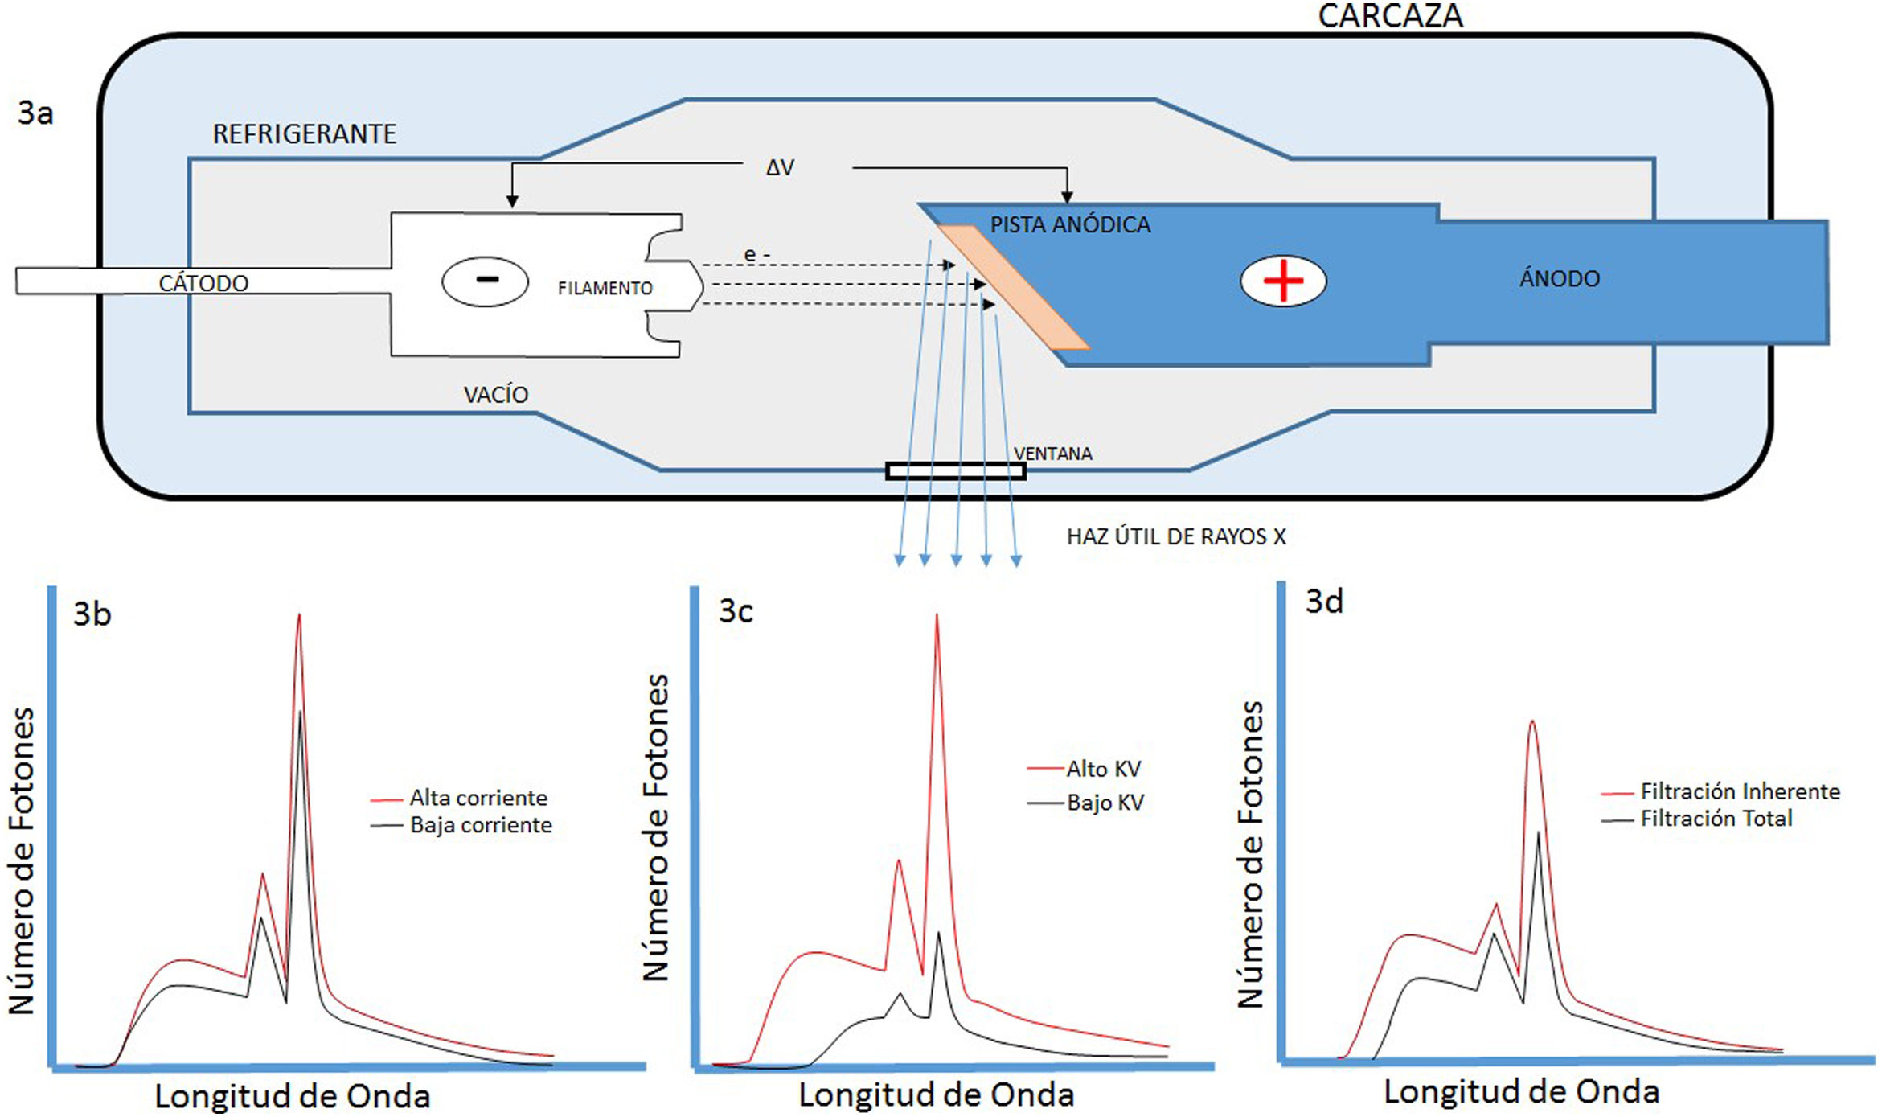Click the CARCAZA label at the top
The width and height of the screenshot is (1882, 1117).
(1390, 16)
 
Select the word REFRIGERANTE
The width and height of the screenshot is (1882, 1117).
(304, 133)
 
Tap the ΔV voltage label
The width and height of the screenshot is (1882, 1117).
(780, 167)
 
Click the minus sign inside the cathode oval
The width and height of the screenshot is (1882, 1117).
(486, 280)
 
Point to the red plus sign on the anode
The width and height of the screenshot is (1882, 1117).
(1283, 281)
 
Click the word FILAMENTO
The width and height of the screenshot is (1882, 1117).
(605, 288)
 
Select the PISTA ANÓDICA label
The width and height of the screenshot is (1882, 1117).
(1069, 224)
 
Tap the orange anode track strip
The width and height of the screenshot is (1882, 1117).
(1013, 287)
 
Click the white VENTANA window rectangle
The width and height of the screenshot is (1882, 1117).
(955, 471)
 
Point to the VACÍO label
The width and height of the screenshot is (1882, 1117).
(495, 395)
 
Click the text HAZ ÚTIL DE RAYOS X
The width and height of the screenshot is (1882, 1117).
(1175, 536)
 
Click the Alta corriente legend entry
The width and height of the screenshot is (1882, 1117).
(478, 798)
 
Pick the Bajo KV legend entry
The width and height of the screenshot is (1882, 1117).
(1104, 803)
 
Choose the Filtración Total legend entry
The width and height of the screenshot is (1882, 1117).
(1716, 819)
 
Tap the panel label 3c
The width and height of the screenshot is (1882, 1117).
(735, 611)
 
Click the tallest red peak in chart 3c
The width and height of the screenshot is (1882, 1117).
(937, 618)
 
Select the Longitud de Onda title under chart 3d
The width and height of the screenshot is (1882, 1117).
(1521, 1091)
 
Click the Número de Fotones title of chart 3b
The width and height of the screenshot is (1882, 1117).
(22, 860)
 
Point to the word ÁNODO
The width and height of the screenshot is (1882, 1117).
(1559, 279)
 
